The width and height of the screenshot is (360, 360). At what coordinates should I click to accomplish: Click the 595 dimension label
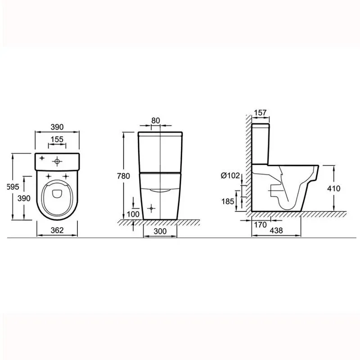[13, 187]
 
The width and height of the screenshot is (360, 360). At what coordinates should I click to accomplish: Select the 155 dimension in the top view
[57, 139]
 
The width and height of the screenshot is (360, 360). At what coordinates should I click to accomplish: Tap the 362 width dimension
[57, 230]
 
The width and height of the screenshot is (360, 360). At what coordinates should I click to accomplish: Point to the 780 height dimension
[123, 176]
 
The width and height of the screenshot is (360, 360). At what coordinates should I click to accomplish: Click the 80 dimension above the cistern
[156, 121]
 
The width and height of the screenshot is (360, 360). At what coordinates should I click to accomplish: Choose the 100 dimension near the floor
[133, 214]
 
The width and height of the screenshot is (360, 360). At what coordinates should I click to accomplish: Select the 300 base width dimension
[160, 231]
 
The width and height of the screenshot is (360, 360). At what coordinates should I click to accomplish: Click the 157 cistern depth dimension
[261, 113]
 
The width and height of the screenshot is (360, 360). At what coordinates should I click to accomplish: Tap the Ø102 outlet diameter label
[230, 175]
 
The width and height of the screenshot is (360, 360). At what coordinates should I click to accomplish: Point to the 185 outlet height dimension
[228, 201]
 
